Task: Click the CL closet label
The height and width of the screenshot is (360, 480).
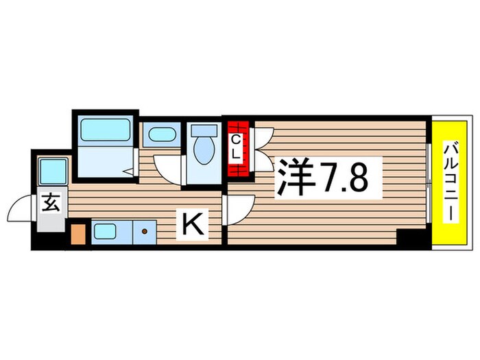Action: (235, 148)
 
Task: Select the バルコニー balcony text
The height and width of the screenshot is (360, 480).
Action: (451, 182)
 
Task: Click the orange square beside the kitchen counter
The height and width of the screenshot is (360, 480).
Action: (79, 232)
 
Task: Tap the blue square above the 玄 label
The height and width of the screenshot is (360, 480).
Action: (52, 171)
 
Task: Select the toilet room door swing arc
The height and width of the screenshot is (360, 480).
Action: (168, 166)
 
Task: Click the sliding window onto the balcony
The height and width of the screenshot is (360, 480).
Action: (428, 182)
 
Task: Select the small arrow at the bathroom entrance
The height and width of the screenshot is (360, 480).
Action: (128, 169)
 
